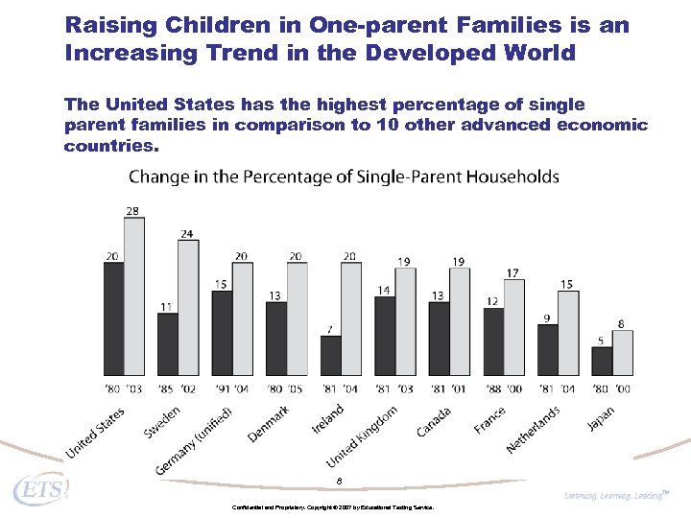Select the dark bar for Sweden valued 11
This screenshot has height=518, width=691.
(x=168, y=343)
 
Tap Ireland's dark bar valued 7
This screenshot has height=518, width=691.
(x=330, y=355)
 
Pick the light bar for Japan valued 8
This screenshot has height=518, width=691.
(x=623, y=352)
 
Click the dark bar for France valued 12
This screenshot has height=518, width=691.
(x=493, y=341)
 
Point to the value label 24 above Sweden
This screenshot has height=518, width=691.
(x=187, y=233)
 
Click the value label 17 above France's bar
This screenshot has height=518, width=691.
(x=513, y=273)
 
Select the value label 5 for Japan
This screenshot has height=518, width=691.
(x=601, y=340)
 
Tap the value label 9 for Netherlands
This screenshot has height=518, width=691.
(x=547, y=318)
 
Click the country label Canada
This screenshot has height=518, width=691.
(x=434, y=421)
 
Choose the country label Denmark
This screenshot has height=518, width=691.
(x=269, y=423)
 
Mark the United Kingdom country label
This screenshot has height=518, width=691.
(x=362, y=436)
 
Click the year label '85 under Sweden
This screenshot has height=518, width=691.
(x=166, y=388)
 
